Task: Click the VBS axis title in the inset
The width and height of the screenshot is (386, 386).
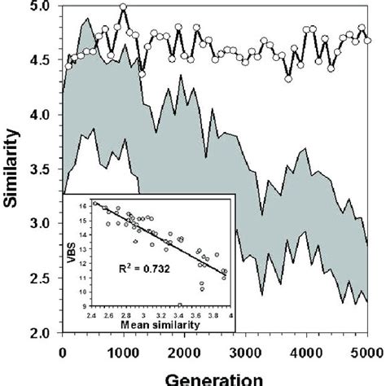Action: click(72, 248)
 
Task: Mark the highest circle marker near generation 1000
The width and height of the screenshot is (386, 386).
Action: click(123, 7)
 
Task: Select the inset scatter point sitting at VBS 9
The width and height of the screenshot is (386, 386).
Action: click(179, 305)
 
